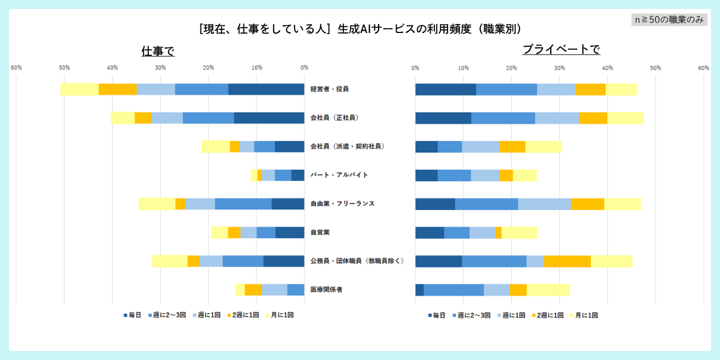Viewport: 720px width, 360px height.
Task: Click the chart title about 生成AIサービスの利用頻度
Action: [x=359, y=28]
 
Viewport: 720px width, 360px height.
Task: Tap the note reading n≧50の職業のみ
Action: [x=670, y=19]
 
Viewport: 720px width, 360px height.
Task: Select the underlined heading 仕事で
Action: [x=158, y=51]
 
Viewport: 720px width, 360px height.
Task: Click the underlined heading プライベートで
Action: [x=561, y=49]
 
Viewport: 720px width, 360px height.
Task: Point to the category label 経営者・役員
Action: [x=329, y=89]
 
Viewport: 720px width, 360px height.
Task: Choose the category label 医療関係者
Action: [x=326, y=290]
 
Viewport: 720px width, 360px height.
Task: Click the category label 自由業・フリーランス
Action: [x=342, y=204]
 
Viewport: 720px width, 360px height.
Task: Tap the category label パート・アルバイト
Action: [x=339, y=175]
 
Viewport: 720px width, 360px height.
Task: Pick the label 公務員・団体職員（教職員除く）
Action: [x=357, y=261]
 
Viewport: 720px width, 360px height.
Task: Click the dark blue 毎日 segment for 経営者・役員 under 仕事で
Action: [x=266, y=89]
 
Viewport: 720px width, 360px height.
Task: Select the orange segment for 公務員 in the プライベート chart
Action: [x=567, y=261]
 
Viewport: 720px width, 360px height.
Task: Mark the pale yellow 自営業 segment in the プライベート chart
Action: [x=519, y=233]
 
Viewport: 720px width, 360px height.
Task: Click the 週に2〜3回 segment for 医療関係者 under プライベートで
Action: [x=454, y=290]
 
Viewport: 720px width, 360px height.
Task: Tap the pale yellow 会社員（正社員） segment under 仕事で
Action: [x=122, y=118]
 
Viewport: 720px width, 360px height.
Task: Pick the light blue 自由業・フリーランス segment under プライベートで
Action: [x=544, y=204]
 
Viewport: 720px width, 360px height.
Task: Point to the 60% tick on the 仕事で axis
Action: [x=16, y=68]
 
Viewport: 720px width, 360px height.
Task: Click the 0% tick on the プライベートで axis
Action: [x=415, y=68]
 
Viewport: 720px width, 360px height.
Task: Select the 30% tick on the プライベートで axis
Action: [x=559, y=68]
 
